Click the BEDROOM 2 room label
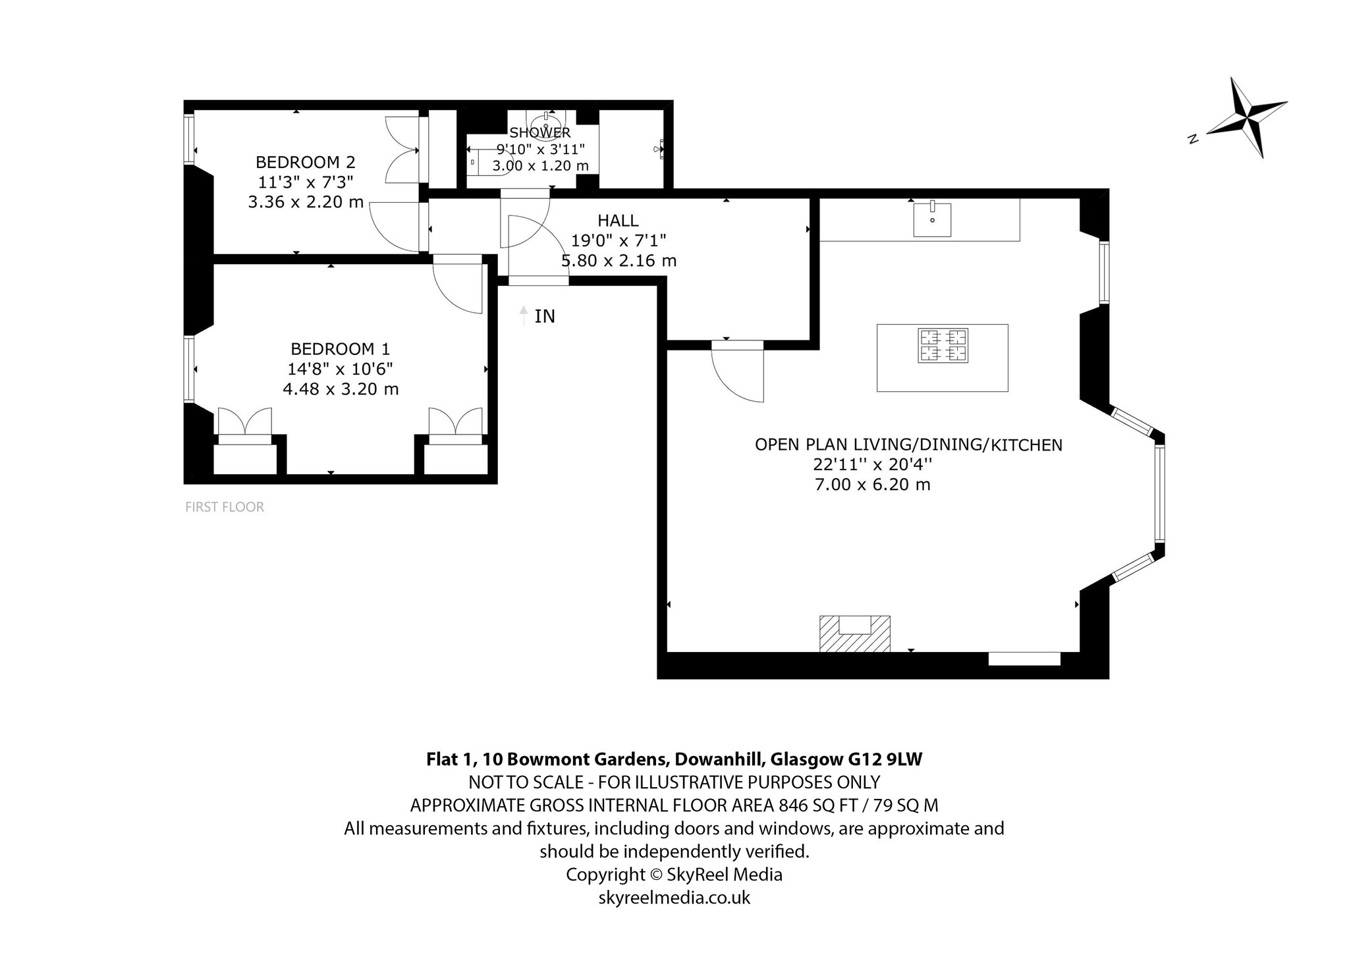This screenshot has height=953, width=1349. [306, 162]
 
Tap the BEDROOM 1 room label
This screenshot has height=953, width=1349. [341, 349]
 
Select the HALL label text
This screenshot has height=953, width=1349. [618, 221]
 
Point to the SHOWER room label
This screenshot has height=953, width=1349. [540, 133]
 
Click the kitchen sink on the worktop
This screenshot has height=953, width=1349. [932, 220]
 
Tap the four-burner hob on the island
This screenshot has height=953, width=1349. [943, 346]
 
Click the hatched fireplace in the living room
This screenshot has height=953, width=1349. [854, 634]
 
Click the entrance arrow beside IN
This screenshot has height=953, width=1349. [524, 316]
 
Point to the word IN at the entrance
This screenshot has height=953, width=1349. [545, 317]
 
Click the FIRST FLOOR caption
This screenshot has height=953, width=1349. [225, 507]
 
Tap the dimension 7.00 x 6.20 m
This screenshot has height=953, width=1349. [873, 485]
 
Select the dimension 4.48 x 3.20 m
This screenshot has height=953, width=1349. [341, 389]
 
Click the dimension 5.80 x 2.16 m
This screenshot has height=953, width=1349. [619, 261]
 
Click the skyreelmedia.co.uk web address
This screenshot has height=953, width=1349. [674, 897]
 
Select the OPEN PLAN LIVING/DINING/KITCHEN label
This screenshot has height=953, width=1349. [908, 445]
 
